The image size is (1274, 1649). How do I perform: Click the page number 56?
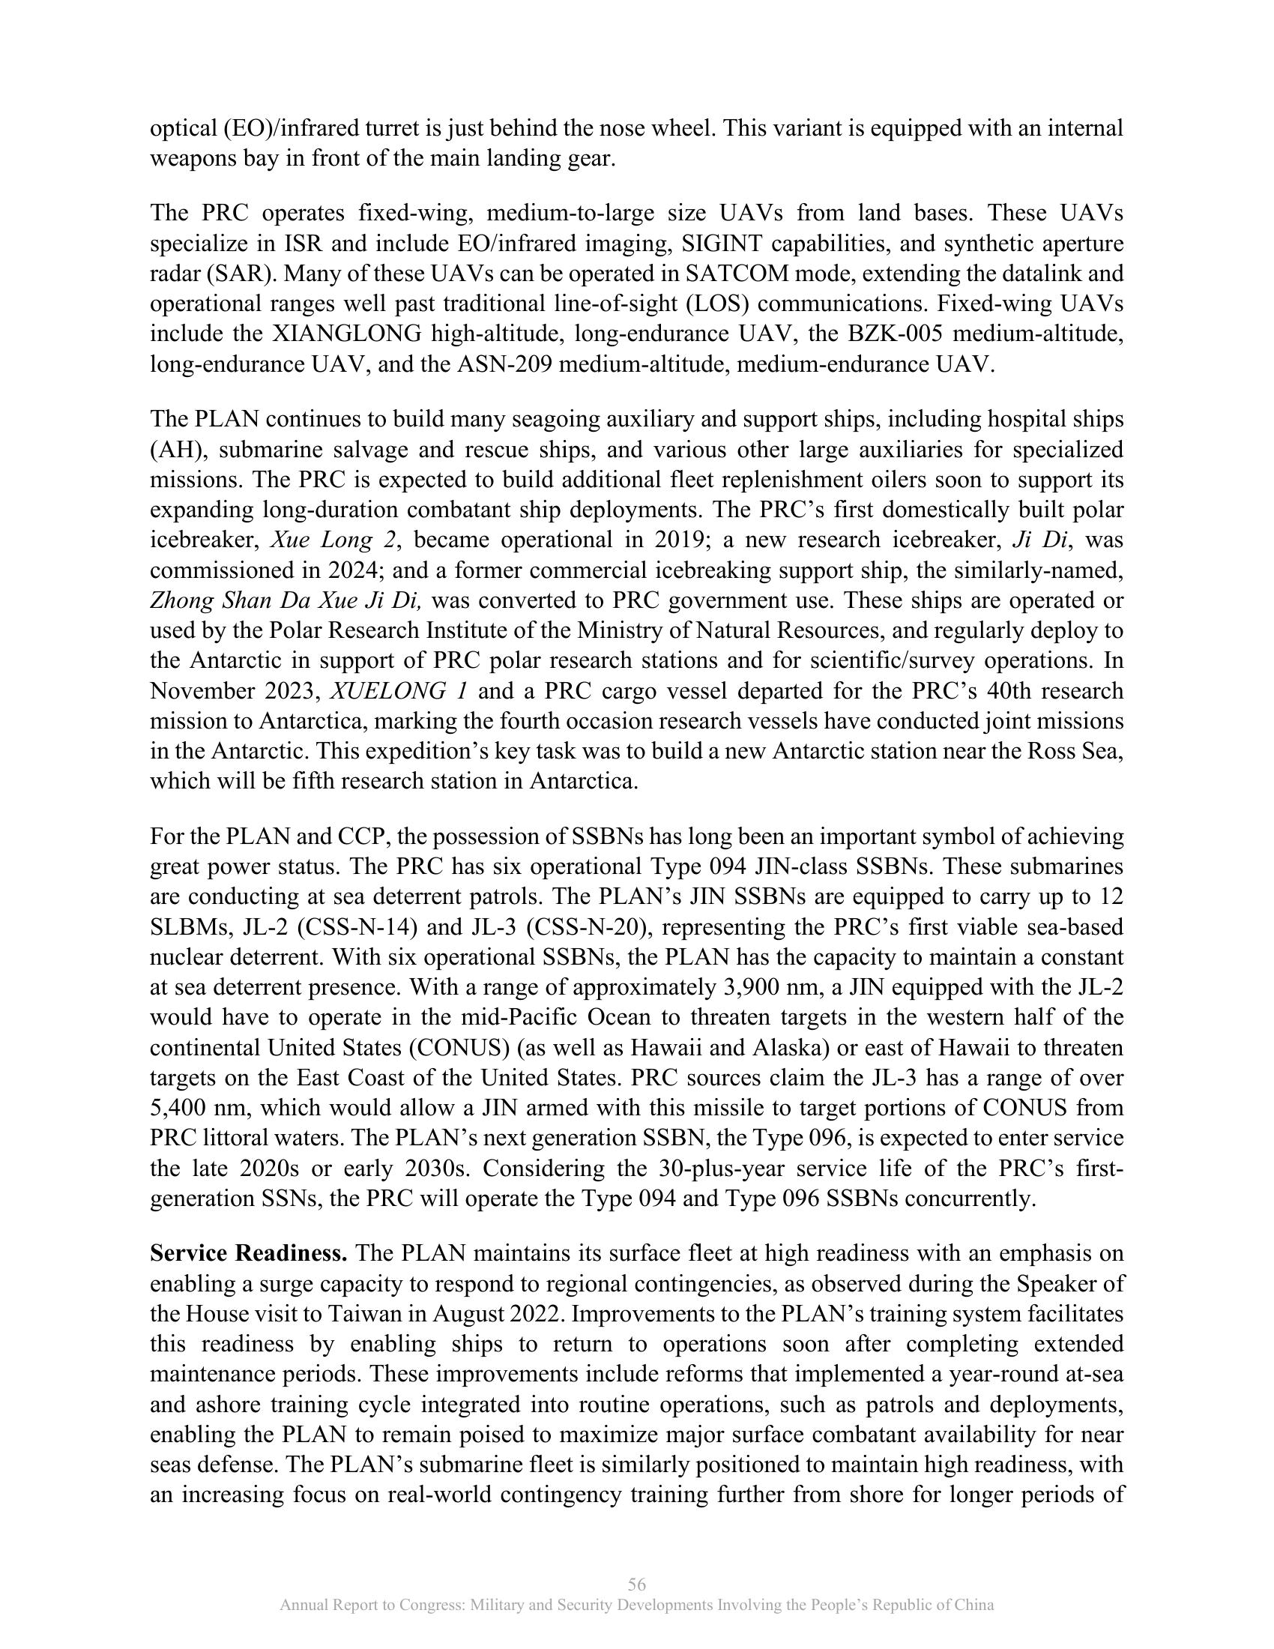tap(636, 1584)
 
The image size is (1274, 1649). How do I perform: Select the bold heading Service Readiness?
tap(248, 1254)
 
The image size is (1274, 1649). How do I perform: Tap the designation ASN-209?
tap(491, 365)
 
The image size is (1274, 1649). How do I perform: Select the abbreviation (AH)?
tap(176, 450)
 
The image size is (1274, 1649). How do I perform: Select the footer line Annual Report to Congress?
tap(636, 1606)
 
